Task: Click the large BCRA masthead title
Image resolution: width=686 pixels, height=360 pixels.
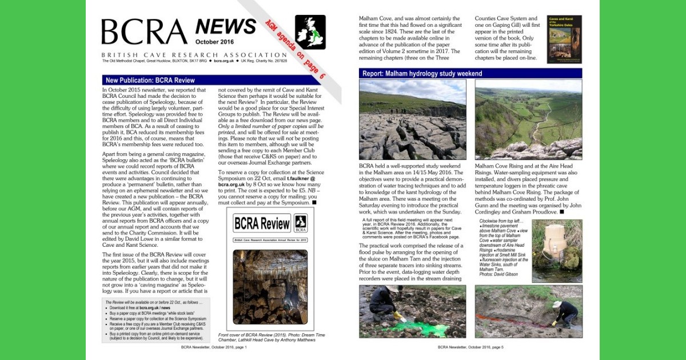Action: (144, 33)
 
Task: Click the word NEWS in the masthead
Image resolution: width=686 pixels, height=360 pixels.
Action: (225, 26)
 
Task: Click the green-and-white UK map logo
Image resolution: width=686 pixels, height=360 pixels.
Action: (310, 32)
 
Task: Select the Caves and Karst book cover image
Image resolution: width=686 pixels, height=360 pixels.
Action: (564, 39)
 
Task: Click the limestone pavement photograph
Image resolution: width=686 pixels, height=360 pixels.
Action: (412, 119)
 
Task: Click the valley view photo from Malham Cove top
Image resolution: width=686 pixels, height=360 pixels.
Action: (528, 119)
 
